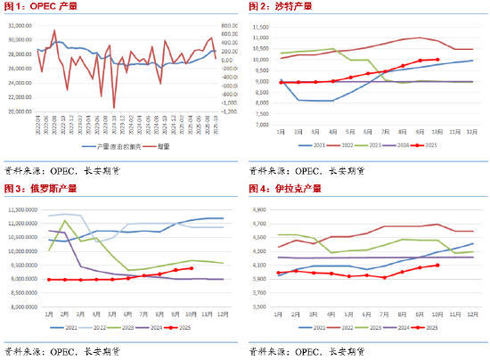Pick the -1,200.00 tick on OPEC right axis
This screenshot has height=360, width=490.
(229, 111)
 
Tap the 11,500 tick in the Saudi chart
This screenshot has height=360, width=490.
(260, 28)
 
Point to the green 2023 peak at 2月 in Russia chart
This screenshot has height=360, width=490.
(65, 220)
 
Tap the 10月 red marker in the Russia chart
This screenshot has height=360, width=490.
(192, 268)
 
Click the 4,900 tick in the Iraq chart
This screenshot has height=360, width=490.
(262, 210)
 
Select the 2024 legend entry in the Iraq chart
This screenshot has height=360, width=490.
(397, 328)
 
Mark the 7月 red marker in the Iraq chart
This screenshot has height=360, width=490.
(384, 277)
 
